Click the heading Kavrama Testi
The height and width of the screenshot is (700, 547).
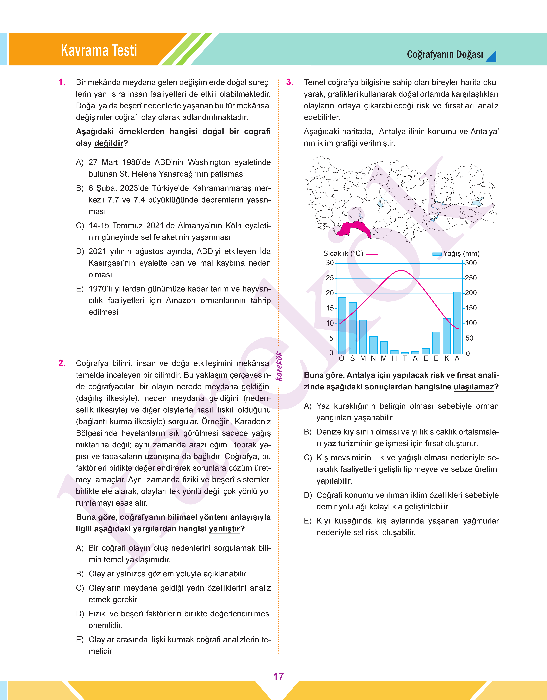tap(99, 50)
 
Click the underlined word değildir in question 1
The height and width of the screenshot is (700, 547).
tap(109, 143)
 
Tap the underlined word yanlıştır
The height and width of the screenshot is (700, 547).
tap(224, 529)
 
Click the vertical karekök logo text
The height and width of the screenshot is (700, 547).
tap(279, 366)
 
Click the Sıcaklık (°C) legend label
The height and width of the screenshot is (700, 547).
tap(343, 254)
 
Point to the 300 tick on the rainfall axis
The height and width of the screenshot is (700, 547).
tap(471, 263)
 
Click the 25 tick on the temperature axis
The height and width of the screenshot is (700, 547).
tap(330, 278)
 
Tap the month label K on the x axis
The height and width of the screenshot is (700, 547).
tap(447, 358)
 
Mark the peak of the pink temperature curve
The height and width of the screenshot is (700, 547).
tap(402, 271)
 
